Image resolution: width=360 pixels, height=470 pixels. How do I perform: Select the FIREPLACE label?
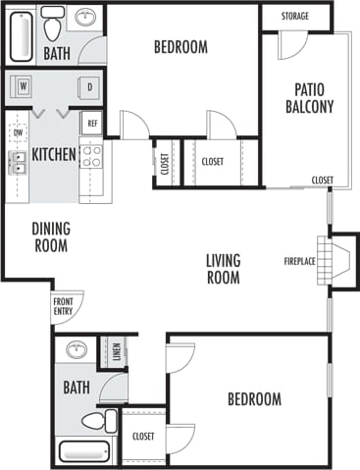tap(299, 261)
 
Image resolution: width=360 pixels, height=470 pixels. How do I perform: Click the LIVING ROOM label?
tap(224, 268)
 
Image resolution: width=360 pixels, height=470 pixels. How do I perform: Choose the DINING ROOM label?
tap(51, 236)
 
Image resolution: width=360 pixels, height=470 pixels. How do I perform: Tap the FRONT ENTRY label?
tap(63, 306)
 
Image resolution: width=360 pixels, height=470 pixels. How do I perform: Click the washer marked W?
tap(22, 87)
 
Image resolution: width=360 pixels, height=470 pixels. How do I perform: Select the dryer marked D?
tap(89, 87)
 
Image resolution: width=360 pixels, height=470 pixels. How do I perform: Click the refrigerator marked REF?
tap(92, 124)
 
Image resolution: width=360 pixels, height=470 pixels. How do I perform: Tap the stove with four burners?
tap(90, 155)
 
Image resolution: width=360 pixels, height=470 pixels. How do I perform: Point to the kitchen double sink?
tap(17, 162)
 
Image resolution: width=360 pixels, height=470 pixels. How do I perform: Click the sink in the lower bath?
tap(76, 350)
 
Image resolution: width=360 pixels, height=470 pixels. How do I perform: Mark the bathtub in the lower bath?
tap(85, 453)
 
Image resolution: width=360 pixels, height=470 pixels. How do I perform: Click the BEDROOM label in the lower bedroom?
tap(254, 399)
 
